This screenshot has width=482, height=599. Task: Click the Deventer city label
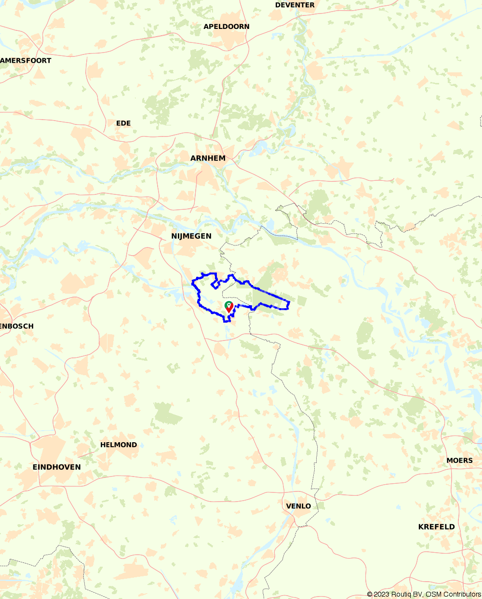(x=295, y=5)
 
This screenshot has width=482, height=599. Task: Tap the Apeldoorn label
(x=227, y=27)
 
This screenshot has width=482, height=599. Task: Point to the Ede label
(x=123, y=123)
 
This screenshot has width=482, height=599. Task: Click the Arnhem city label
(x=208, y=158)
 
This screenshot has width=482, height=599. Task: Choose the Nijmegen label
(x=191, y=236)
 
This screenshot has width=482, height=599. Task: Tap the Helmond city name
(x=119, y=445)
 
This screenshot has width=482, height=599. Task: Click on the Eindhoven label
(x=57, y=467)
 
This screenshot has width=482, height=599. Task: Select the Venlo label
(x=298, y=506)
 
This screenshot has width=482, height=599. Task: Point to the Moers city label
(x=459, y=461)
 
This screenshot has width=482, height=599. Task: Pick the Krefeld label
(x=436, y=527)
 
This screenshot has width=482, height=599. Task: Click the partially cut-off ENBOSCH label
(x=17, y=326)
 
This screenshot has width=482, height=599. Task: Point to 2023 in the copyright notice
(x=382, y=595)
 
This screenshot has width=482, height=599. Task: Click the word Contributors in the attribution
(x=463, y=595)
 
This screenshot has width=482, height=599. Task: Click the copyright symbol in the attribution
(x=370, y=595)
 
